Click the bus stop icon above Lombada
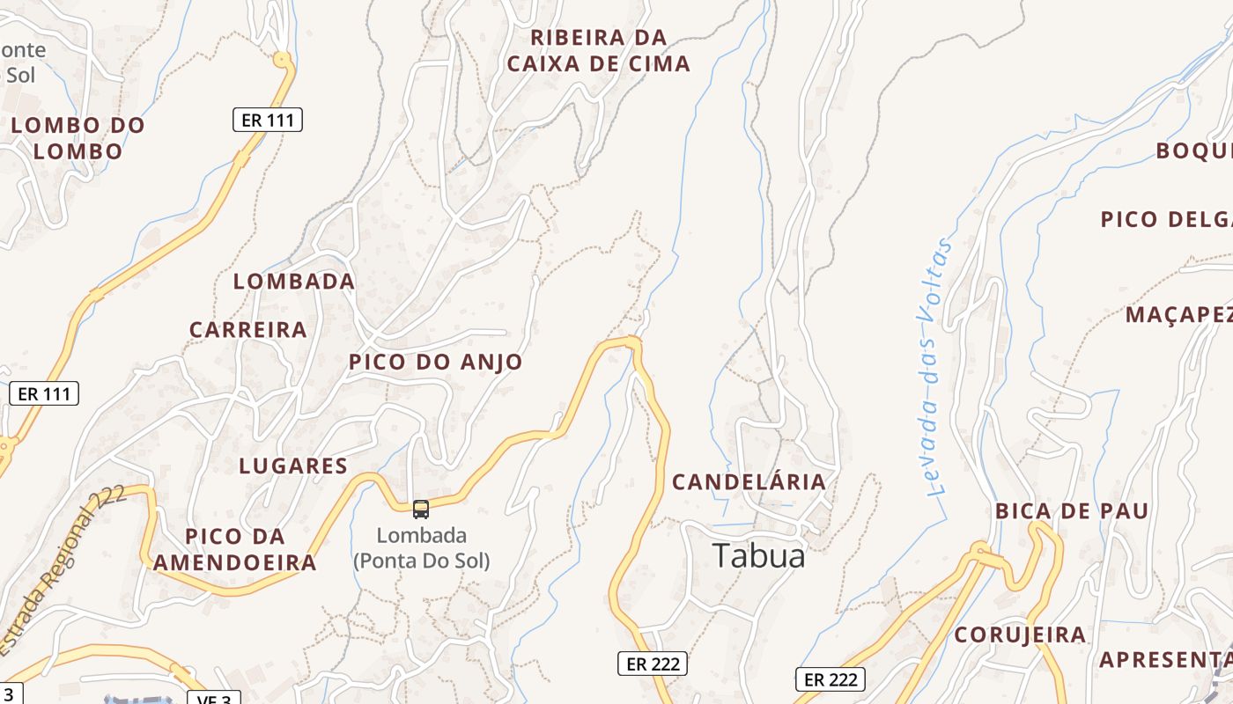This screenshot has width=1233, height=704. pos(421,509)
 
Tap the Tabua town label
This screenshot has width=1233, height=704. pos(758,556)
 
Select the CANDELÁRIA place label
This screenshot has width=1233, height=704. pos(749,481)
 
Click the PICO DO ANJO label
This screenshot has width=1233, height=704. pos(435,362)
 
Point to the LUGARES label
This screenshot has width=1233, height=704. pos(293,466)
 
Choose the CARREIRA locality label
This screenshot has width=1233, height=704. pos(248,330)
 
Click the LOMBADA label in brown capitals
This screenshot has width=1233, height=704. pos(293,282)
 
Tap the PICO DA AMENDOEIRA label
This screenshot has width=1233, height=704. pos(235,549)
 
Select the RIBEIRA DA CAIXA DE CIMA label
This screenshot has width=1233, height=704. pos(599,50)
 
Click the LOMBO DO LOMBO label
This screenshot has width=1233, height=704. pos(78,138)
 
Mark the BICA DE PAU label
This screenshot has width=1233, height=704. pos(1072,510)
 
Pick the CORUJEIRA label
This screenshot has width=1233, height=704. pos(1020,634)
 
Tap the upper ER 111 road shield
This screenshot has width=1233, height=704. pos(268,120)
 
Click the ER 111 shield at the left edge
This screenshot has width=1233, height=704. pos(44,393)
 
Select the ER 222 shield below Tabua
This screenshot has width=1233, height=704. pos(651,664)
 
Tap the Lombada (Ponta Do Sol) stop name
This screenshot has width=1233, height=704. pos(421,547)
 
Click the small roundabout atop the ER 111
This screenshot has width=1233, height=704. pos(282,60)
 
